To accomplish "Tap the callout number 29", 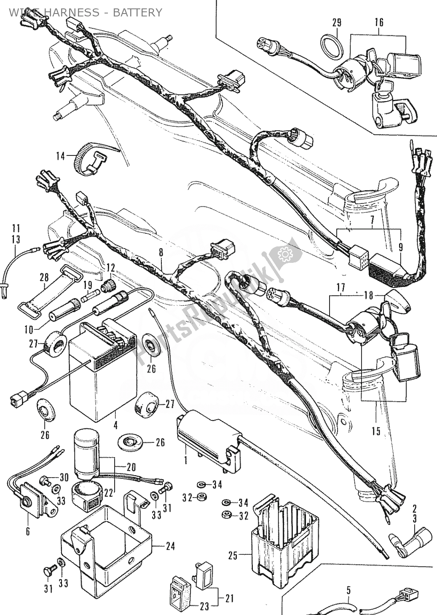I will tap(336, 22).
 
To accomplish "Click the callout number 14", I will tap(61, 156).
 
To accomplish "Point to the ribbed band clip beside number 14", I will tap(90, 158).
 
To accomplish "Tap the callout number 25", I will tap(233, 556).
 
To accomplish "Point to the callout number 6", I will tap(28, 531).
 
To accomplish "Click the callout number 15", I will tap(375, 431).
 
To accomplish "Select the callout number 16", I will tap(378, 22).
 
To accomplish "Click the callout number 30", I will tap(64, 477).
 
